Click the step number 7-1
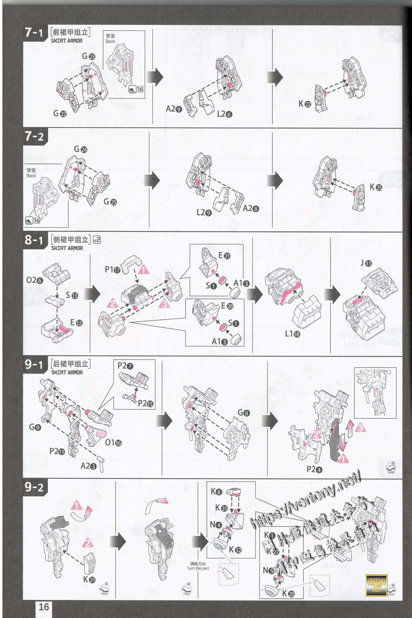[34, 33]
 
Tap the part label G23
[89, 56]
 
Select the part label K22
[305, 104]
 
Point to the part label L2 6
[224, 114]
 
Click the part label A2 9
[174, 108]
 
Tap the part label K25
[376, 187]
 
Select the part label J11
[366, 263]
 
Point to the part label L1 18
[293, 334]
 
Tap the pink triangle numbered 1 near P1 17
[143, 270]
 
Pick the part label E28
[227, 306]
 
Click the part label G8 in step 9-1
[243, 413]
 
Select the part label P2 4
[314, 469]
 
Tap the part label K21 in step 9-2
[89, 579]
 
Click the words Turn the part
[198, 568]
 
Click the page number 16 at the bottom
[44, 607]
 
